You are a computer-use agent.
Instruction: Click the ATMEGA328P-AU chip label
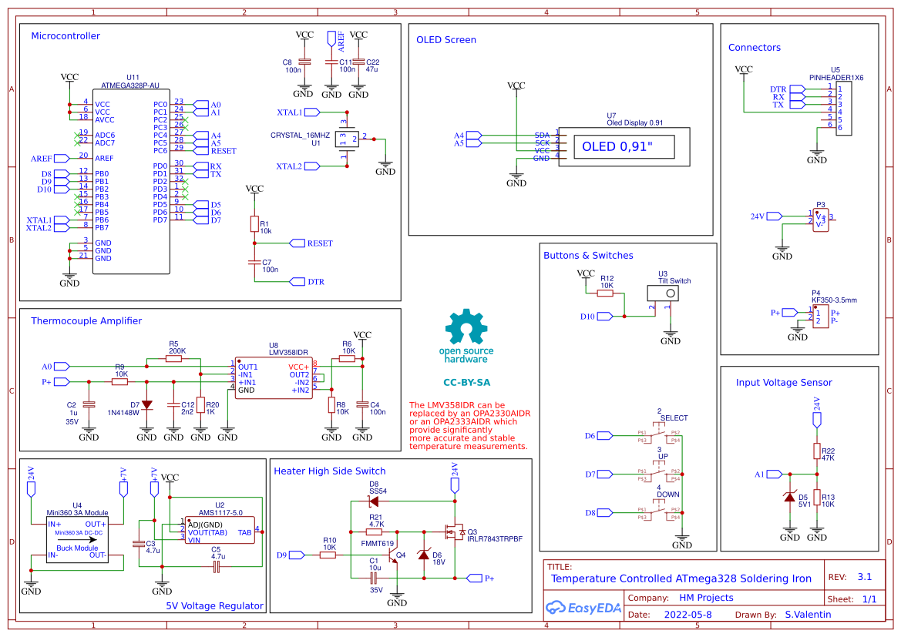130,85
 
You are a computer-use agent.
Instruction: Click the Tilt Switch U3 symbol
665,293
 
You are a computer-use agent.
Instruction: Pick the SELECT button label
674,418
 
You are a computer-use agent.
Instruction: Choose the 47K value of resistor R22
829,458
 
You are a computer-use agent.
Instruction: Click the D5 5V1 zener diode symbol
789,498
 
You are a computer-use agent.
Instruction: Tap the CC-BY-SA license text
466,382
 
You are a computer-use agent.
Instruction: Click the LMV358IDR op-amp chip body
273,378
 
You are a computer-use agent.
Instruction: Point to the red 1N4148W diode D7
146,404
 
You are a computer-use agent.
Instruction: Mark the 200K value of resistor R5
177,350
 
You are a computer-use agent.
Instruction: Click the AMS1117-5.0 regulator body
219,531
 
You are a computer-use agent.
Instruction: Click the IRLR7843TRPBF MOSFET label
494,539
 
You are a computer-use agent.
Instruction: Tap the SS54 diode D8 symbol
375,501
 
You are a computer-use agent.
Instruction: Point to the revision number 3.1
865,577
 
